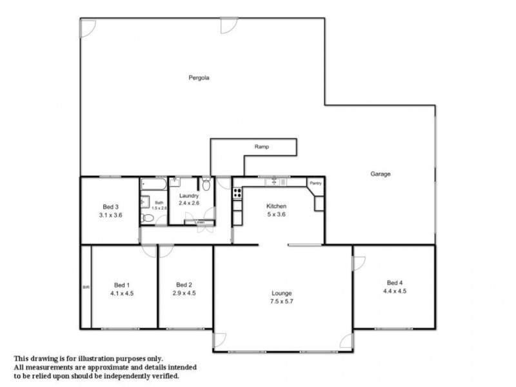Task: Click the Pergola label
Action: (199, 77)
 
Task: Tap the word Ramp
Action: (261, 147)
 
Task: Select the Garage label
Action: (381, 174)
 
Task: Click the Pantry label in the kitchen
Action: (315, 183)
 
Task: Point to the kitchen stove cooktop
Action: (237, 192)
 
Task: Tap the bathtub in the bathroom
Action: (154, 184)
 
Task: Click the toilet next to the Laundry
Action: (206, 185)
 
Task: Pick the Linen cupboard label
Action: (200, 223)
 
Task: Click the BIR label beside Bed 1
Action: (85, 287)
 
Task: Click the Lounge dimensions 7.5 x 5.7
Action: (282, 301)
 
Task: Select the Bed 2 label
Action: (184, 284)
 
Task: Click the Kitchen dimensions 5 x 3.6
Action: (277, 215)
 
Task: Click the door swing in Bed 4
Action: (359, 263)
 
